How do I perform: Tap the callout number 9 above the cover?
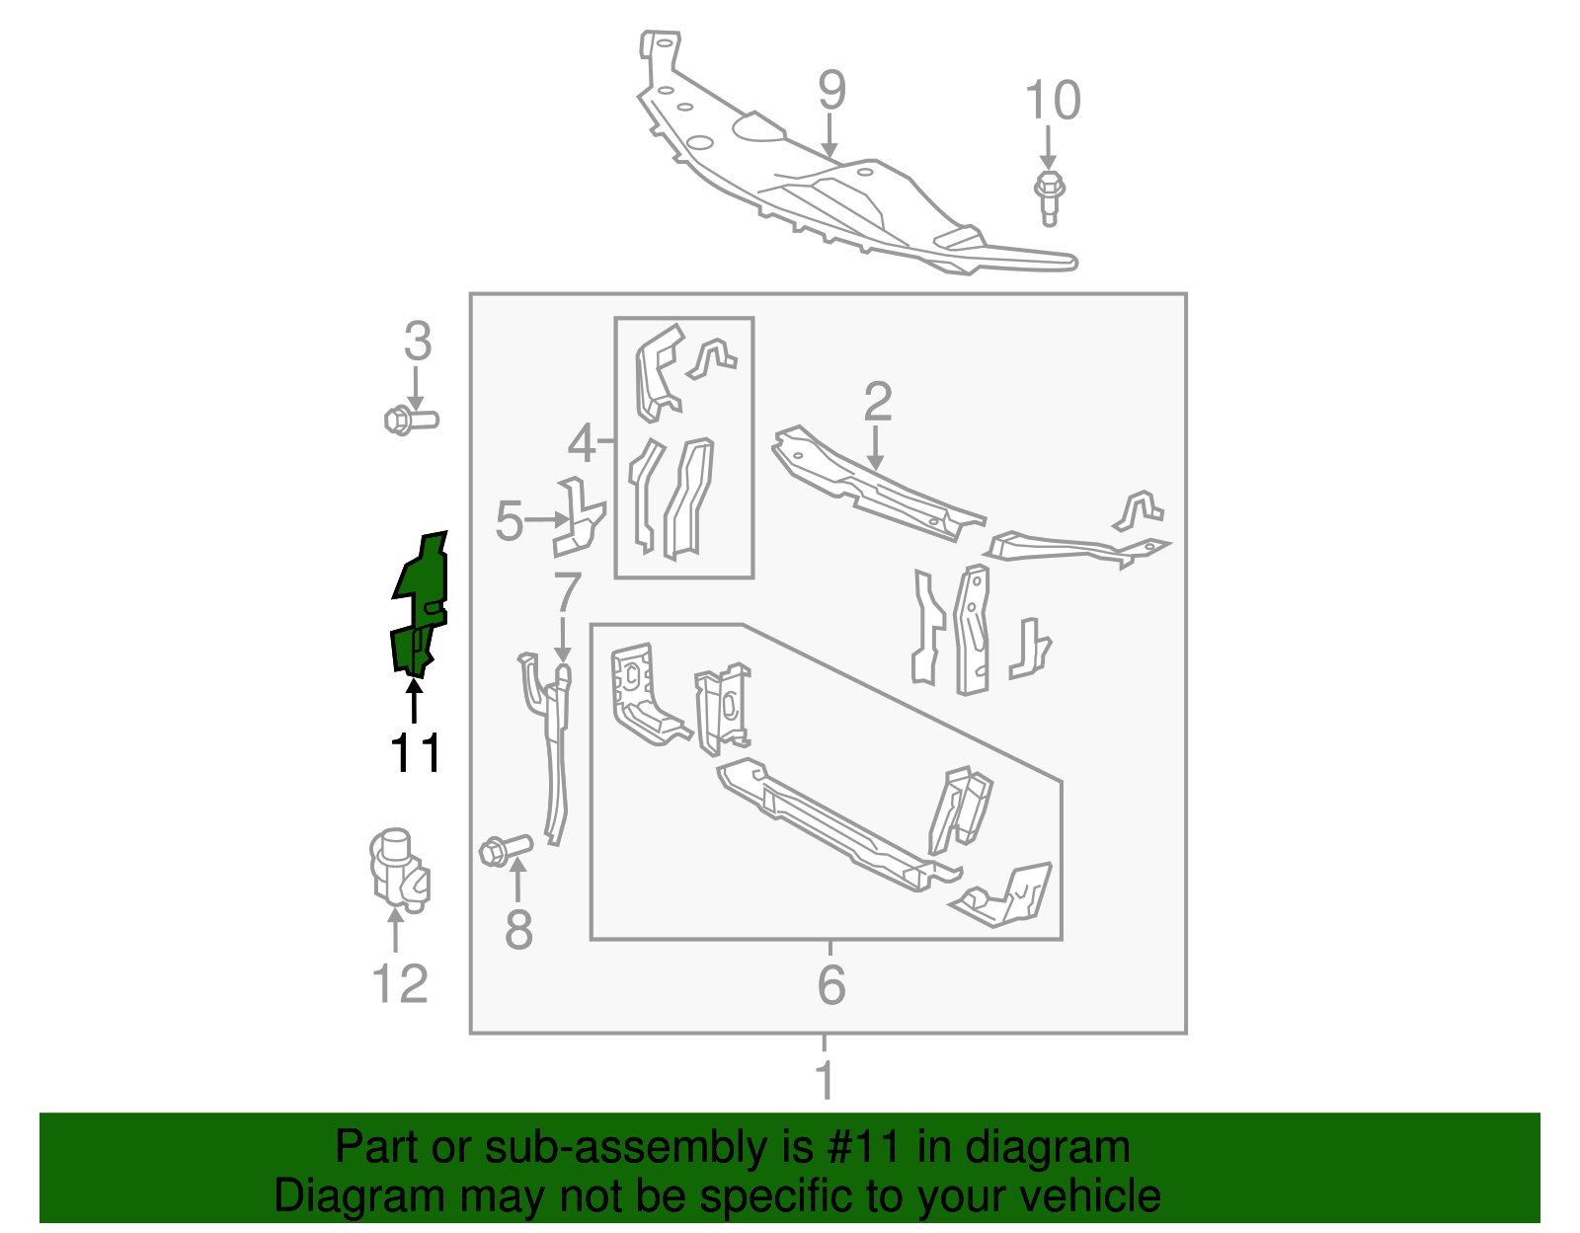pos(831,91)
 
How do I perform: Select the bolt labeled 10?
pos(1049,196)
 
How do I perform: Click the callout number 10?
pos(1053,101)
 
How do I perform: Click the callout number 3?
pos(418,342)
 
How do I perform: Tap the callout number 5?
pos(509,521)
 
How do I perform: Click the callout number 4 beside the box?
pos(582,443)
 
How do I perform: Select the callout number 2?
pos(877,402)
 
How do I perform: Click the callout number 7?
pos(567,592)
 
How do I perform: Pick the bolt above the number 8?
pos(505,849)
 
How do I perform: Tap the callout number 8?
pos(518,930)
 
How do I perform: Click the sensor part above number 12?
pos(399,869)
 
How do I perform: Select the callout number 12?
pos(400,984)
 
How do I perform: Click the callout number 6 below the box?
pos(831,984)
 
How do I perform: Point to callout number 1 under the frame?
pos(826,1080)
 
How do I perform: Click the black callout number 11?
pos(416,754)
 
